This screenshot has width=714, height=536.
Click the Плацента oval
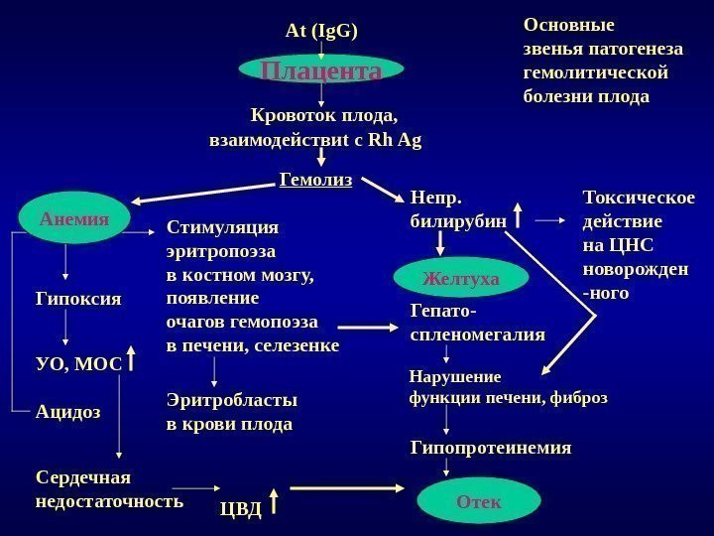click(321, 70)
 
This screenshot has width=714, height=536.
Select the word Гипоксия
click(78, 297)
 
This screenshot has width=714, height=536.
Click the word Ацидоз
click(68, 411)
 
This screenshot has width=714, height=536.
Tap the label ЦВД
click(240, 510)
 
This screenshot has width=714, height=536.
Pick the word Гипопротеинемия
click(491, 448)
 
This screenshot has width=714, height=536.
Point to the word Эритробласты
click(231, 400)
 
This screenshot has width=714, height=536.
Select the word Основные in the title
click(569, 25)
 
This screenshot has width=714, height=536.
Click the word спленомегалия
click(477, 335)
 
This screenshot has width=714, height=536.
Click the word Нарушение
click(455, 377)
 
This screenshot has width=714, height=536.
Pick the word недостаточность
click(109, 500)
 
